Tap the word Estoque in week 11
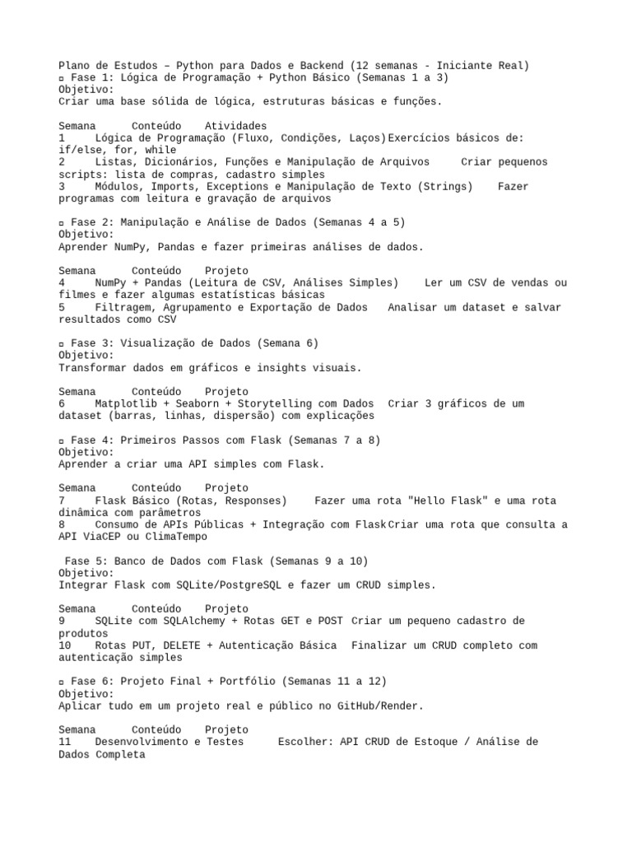point(428,742)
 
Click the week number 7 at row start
point(62,501)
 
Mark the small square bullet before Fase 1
point(62,77)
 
